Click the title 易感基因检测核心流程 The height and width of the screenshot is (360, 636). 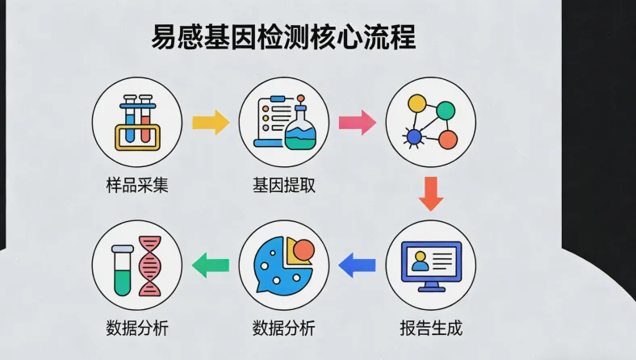(283, 37)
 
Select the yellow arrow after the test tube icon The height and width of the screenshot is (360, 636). (211, 123)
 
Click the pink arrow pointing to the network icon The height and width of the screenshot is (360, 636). (357, 123)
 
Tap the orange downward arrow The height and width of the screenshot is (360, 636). (431, 195)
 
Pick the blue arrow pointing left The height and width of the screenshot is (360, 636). (358, 263)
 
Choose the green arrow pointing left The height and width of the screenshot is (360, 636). (211, 264)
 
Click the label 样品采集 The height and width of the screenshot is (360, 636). (137, 185)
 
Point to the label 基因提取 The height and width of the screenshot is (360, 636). (284, 185)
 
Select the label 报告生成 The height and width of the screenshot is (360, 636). (431, 329)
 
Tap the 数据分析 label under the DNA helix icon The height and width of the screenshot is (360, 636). (137, 329)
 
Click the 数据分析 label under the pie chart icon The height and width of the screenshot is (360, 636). (284, 329)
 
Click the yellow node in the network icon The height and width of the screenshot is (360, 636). (416, 104)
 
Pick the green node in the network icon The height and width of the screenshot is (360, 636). (446, 110)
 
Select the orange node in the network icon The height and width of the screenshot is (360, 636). (447, 139)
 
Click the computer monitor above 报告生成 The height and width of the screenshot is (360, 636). (431, 262)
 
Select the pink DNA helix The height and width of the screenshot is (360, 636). (149, 266)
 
